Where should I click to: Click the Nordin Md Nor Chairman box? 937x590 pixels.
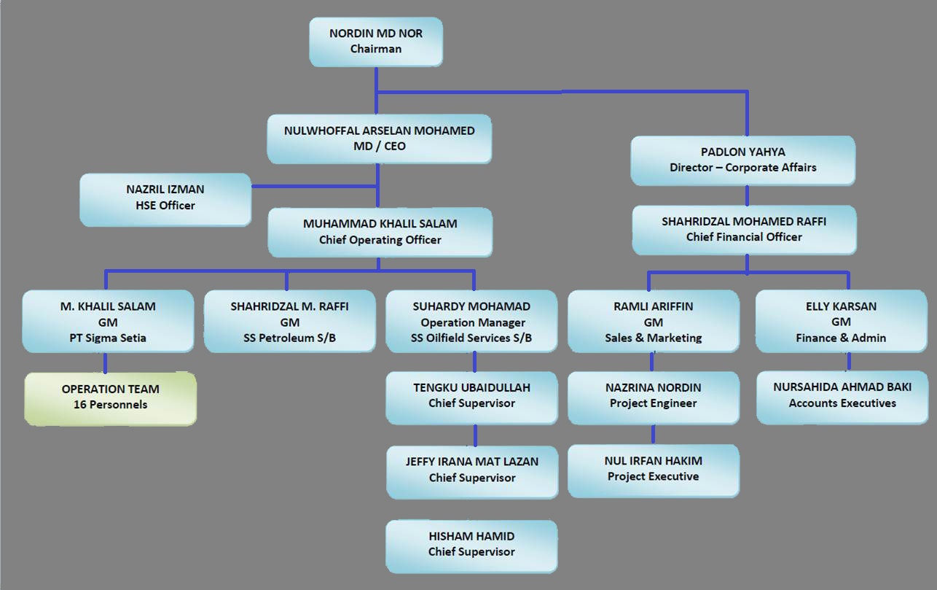[x=375, y=42]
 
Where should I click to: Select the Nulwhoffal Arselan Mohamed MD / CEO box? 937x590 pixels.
[x=379, y=139]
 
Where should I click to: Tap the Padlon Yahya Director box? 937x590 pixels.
[x=742, y=160]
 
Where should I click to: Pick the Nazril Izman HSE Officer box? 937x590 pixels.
[x=165, y=198]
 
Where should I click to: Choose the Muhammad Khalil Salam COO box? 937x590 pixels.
[x=380, y=232]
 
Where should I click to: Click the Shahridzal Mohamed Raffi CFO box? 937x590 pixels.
[x=744, y=229]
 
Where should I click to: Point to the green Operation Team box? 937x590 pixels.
[x=110, y=397]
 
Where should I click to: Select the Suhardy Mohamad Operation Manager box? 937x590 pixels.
[x=471, y=322]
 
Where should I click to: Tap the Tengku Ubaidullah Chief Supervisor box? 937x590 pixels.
[x=471, y=396]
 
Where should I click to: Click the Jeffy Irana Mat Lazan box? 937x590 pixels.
[x=472, y=470]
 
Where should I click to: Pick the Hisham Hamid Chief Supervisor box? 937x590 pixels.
[x=471, y=545]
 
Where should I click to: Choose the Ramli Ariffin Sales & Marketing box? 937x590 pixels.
[x=653, y=322]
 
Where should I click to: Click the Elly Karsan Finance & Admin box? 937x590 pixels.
[x=842, y=322]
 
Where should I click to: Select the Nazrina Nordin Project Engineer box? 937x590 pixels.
[x=653, y=396]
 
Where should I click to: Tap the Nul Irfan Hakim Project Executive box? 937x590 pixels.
[x=653, y=469]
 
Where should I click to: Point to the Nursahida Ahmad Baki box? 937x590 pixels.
[x=842, y=395]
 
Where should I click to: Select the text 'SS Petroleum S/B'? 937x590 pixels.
[x=289, y=338]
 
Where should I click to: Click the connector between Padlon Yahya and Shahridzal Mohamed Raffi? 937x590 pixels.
[x=748, y=195]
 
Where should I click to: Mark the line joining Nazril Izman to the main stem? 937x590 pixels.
[x=313, y=187]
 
